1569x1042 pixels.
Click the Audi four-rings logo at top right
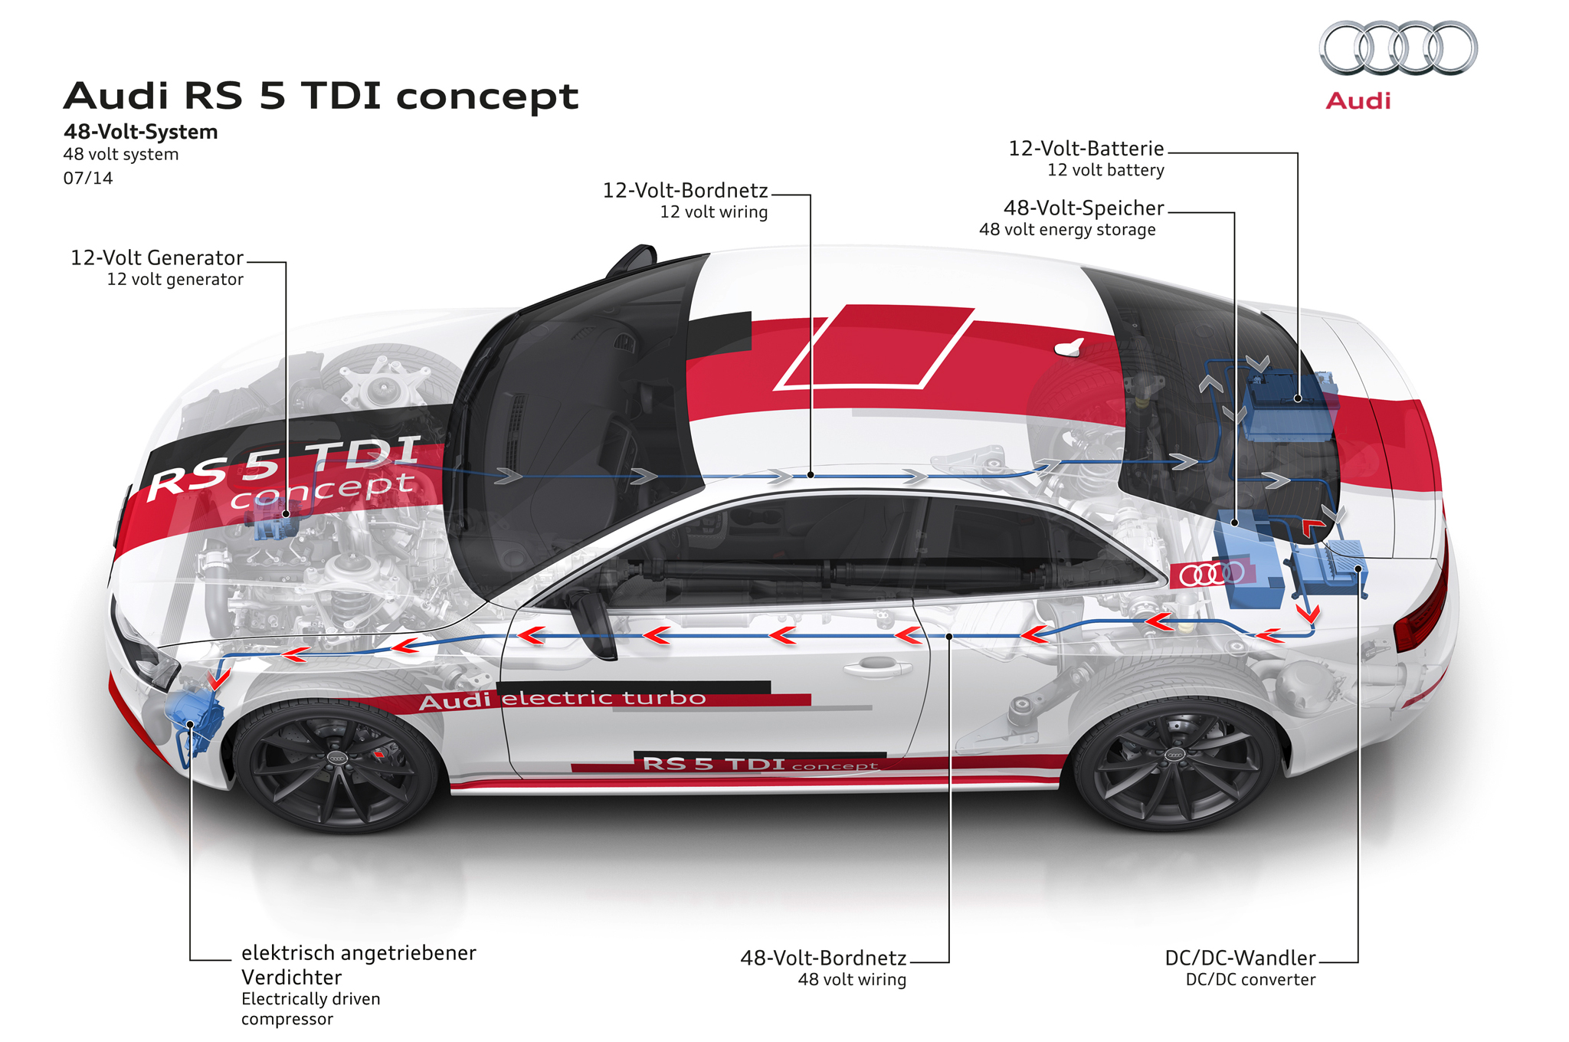point(1398,48)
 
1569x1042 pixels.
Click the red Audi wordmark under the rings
point(1358,101)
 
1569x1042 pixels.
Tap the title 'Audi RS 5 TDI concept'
point(320,97)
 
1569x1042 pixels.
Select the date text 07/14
point(88,179)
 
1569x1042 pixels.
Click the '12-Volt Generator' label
point(157,258)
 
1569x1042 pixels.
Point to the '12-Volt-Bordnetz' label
point(685,191)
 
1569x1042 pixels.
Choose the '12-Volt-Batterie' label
point(1086,149)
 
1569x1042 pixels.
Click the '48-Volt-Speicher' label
point(1083,208)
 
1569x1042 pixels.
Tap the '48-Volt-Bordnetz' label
point(823,958)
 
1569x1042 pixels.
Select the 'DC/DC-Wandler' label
point(1240,958)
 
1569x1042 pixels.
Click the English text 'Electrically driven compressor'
point(310,1008)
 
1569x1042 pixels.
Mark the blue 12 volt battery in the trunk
point(1287,406)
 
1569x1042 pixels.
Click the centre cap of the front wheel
point(337,758)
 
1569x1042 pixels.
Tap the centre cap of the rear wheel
point(1174,755)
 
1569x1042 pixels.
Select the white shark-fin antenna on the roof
point(1069,348)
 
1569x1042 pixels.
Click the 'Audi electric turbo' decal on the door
point(562,699)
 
